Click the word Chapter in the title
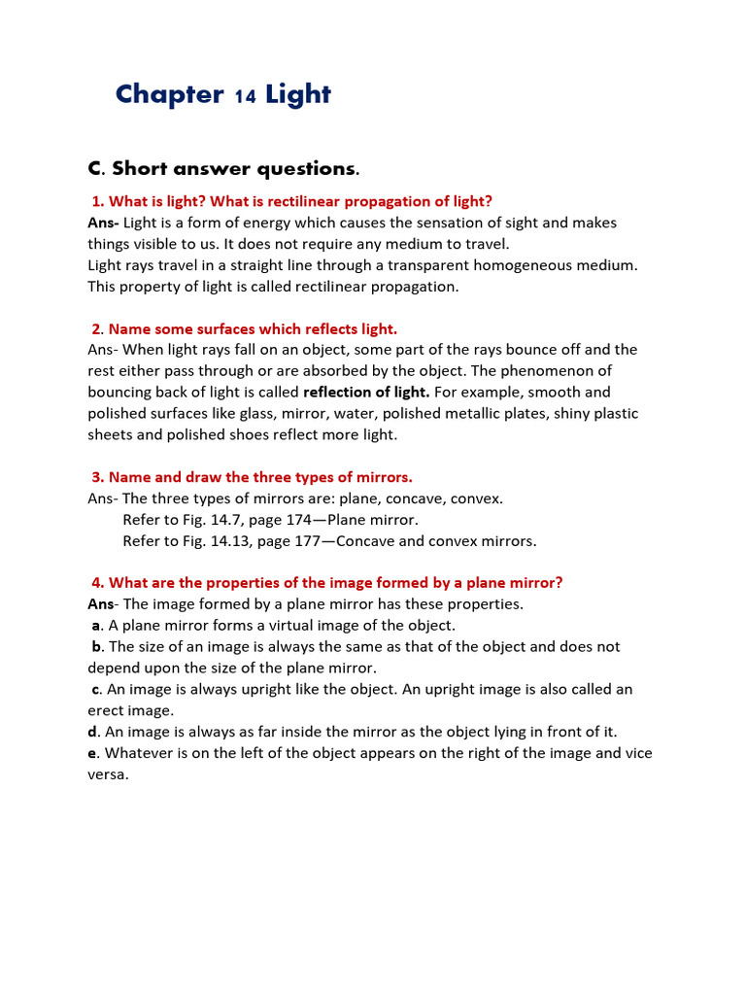coord(169,94)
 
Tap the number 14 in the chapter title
coord(245,96)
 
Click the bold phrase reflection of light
coord(366,393)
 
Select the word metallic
coord(492,414)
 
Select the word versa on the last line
coord(107,775)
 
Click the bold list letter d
coord(92,733)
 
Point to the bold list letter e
coord(92,754)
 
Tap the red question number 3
coord(97,477)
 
